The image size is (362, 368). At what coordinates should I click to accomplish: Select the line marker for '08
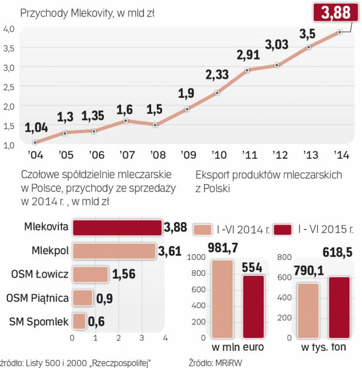pos(155,124)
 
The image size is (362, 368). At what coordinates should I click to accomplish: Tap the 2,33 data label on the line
pos(217,75)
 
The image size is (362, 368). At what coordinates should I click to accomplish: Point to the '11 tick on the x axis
pos(248,155)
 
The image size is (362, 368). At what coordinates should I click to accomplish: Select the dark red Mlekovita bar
pos(117,227)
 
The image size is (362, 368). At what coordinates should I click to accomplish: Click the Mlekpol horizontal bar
pos(114,251)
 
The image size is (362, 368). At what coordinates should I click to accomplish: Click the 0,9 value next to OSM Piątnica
pos(103,298)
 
